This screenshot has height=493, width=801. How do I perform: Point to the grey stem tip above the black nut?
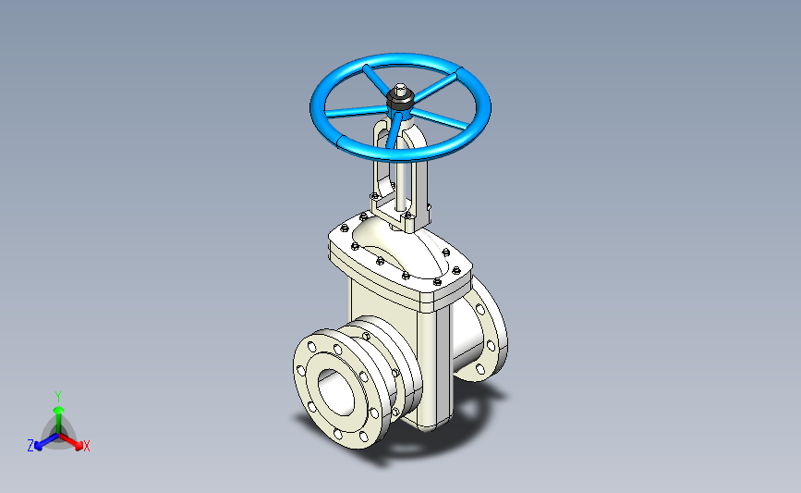point(401,88)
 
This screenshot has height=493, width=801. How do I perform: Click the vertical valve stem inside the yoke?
point(402,184)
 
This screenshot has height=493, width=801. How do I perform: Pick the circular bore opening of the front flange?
point(336,392)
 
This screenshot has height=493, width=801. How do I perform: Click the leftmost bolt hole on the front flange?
point(301,370)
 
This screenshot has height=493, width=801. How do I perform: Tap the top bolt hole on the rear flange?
point(480,310)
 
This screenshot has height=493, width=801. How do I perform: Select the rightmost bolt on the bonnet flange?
point(456,270)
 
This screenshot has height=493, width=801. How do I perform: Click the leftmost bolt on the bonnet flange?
point(345,228)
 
